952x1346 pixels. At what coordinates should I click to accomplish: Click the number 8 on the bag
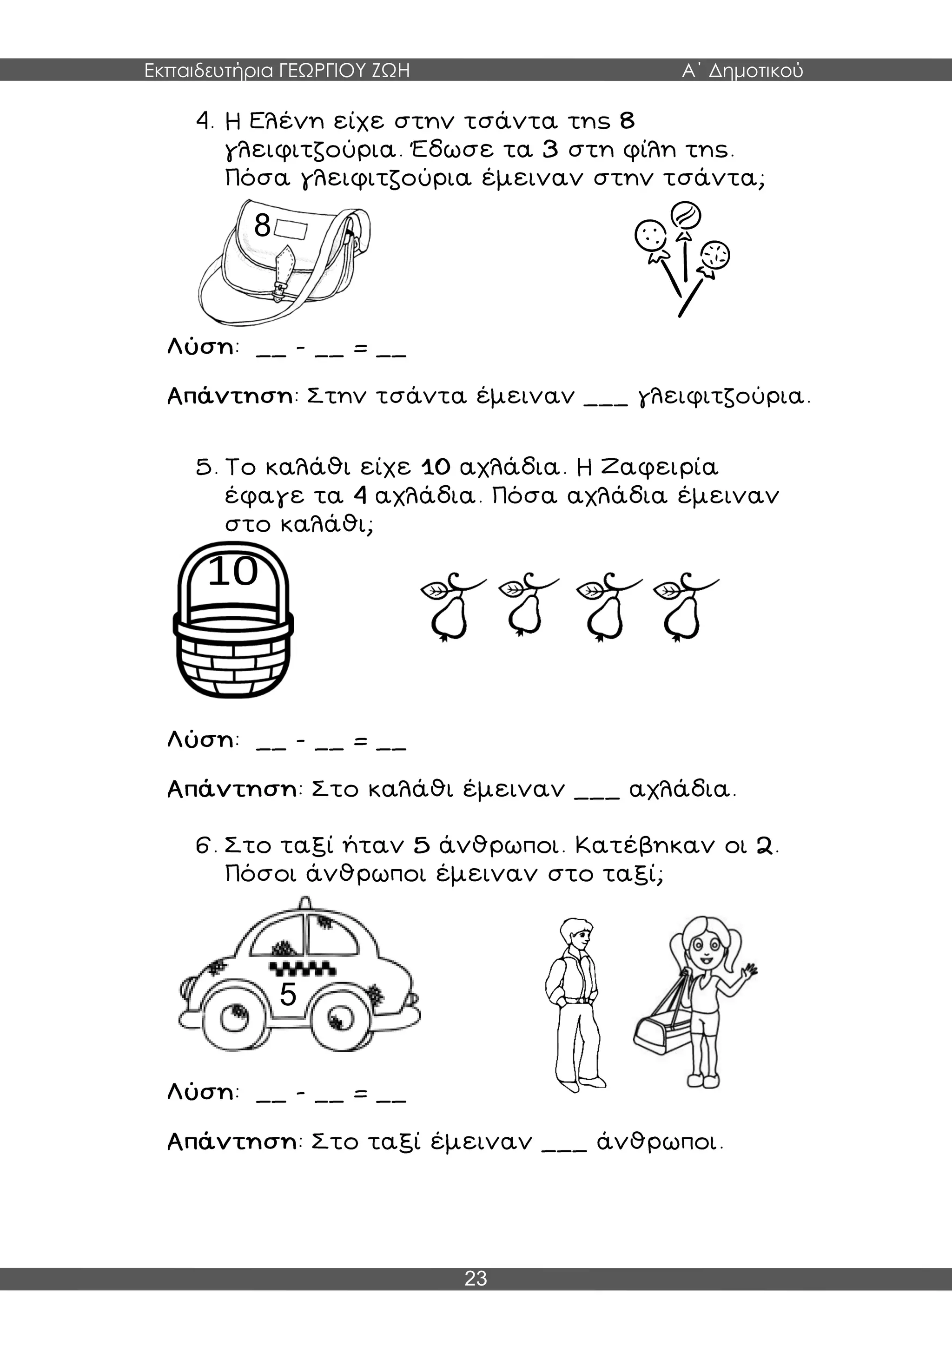click(262, 224)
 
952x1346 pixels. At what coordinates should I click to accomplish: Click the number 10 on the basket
click(233, 571)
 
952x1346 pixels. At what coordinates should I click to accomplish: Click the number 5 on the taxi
click(288, 994)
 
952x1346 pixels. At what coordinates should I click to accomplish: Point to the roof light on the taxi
click(304, 902)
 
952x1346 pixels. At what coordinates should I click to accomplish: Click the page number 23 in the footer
click(476, 1279)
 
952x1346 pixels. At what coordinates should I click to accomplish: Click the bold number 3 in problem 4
click(550, 150)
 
